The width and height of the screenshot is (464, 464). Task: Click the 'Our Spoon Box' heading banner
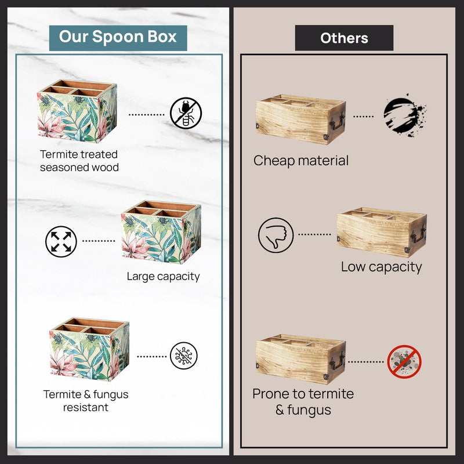[118, 38]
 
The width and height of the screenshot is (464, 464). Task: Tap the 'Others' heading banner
[344, 38]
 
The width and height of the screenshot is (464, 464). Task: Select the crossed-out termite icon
[186, 113]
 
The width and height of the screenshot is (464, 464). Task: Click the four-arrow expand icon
[61, 241]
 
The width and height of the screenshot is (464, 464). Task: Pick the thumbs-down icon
[276, 235]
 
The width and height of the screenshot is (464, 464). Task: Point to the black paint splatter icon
[404, 115]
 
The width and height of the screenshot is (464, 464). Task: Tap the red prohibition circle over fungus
[404, 361]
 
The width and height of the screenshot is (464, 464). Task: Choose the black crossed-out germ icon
[184, 356]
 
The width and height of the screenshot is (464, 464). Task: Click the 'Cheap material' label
[301, 161]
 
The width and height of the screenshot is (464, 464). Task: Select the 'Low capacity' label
[381, 267]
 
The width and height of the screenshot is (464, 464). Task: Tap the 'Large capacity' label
[163, 277]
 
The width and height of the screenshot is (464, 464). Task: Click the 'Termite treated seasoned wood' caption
[79, 161]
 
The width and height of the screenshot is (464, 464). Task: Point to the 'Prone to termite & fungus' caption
[303, 402]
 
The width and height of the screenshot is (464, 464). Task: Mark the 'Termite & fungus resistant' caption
[86, 401]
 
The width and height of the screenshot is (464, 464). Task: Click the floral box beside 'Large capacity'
[161, 232]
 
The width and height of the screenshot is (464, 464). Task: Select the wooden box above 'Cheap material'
[300, 119]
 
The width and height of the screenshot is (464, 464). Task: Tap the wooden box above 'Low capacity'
[382, 232]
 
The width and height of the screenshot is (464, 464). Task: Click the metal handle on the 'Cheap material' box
[338, 121]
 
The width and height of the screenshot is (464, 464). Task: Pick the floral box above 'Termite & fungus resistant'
[90, 349]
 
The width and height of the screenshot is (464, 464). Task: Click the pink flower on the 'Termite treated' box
[51, 124]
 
